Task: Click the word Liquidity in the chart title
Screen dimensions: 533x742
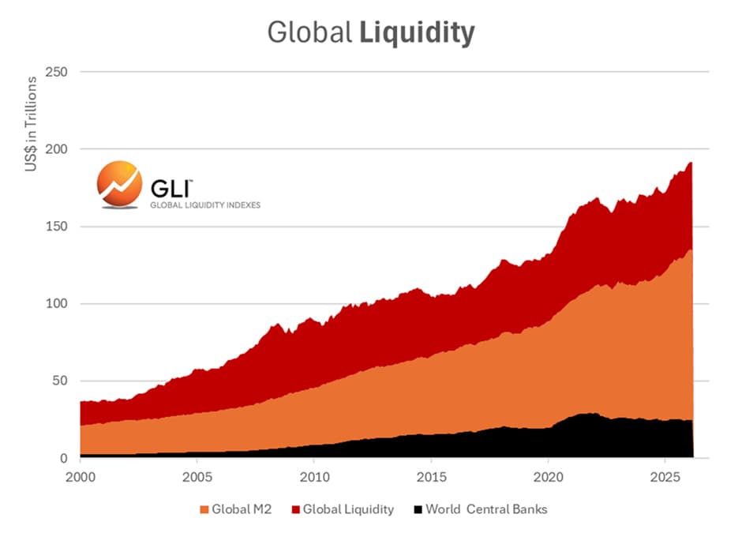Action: (x=417, y=32)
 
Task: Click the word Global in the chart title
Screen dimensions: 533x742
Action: (x=309, y=32)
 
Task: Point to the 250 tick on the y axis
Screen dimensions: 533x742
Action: (x=57, y=72)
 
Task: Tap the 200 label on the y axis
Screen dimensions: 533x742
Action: (x=57, y=149)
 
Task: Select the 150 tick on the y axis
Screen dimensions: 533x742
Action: (x=57, y=227)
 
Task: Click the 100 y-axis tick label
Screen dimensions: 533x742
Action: (x=57, y=304)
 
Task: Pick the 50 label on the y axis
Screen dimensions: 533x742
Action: (x=60, y=381)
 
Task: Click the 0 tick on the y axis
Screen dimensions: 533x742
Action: (x=64, y=459)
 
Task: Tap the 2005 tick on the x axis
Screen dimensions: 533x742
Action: (x=197, y=478)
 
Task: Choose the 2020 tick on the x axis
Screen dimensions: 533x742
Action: (x=548, y=478)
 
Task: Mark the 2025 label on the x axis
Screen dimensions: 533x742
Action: (x=665, y=478)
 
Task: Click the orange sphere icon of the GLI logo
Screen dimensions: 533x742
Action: (x=119, y=186)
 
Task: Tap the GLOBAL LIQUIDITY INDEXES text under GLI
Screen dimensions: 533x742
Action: (x=205, y=205)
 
